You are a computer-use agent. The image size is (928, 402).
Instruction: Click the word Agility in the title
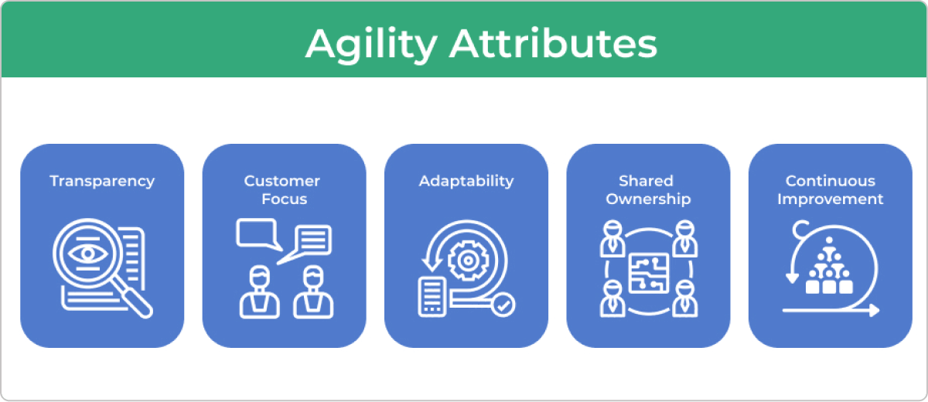pos(371,46)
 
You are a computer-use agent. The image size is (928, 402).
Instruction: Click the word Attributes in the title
pos(553,43)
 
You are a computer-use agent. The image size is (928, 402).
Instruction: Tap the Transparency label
pos(102,182)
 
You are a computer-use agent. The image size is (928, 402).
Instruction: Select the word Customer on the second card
pos(282,181)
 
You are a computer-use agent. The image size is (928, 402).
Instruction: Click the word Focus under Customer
pos(285,199)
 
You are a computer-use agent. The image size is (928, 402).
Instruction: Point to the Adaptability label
pos(466,182)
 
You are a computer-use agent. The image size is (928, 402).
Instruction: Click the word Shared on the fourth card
pos(646,181)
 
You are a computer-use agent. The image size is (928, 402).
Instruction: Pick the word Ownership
pos(648,199)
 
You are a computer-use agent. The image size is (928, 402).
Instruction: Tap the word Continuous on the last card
pos(831,181)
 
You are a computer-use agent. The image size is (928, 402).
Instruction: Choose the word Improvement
pos(831,199)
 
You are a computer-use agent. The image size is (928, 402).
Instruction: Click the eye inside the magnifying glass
pos(88,254)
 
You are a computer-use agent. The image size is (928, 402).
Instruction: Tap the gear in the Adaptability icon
pos(468,261)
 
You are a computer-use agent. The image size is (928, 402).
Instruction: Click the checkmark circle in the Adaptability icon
pos(503,305)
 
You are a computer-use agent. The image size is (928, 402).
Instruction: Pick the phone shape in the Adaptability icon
pos(432,298)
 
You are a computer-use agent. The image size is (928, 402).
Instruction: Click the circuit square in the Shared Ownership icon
pos(649,273)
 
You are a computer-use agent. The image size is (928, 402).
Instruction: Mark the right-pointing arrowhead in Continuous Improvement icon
pos(873,310)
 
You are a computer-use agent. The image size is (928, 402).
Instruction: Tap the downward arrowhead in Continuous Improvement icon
pos(792,278)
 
